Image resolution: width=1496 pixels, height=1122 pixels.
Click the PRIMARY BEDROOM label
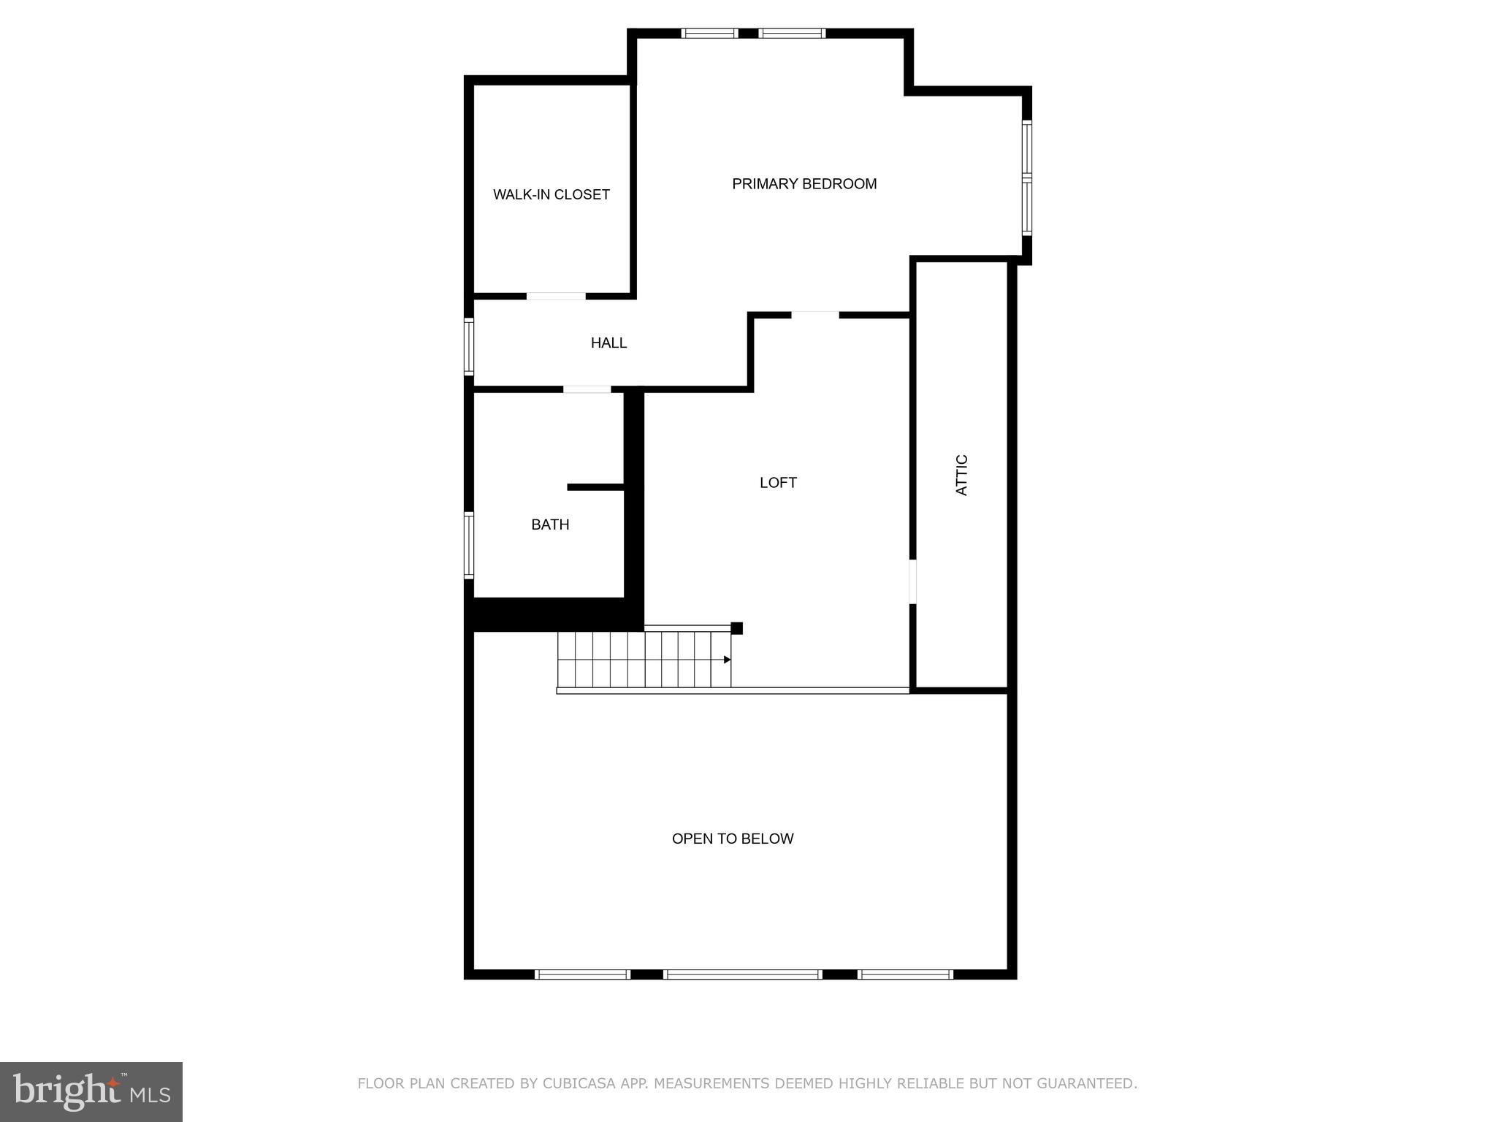[804, 184]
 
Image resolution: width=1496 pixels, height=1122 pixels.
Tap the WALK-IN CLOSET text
[551, 194]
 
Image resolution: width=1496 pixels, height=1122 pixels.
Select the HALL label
[608, 343]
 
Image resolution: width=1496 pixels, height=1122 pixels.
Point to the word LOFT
[778, 482]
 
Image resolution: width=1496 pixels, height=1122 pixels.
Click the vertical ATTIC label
[961, 475]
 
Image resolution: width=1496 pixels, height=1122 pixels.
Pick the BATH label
[550, 524]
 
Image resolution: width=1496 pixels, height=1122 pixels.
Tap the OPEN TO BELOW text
[733, 839]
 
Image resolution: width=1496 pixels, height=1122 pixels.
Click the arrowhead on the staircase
[727, 660]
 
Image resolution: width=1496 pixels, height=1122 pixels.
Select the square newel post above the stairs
[737, 628]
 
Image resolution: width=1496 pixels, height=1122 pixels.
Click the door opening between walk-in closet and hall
[556, 296]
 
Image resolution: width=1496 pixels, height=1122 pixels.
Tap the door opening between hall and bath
[587, 389]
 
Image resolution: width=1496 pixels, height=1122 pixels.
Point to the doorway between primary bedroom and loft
[815, 315]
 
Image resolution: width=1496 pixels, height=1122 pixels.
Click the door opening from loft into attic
[912, 581]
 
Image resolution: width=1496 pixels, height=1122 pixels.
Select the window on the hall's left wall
[469, 346]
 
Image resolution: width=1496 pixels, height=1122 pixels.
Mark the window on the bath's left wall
[469, 546]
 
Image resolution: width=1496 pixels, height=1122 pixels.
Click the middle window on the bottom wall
[743, 974]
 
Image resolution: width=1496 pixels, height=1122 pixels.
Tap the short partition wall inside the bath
[595, 487]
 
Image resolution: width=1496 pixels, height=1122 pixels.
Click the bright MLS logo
[91, 1092]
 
